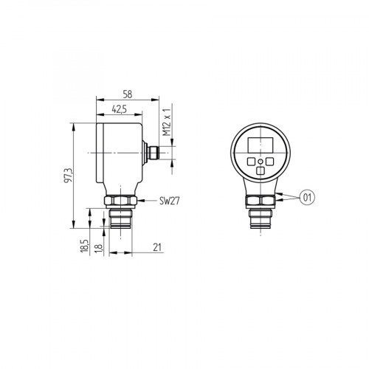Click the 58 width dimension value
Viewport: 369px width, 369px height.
tap(127, 95)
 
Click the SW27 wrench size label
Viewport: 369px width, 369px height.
tap(169, 201)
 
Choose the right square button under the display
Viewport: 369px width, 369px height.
tap(269, 160)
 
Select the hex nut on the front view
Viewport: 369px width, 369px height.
tap(259, 201)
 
